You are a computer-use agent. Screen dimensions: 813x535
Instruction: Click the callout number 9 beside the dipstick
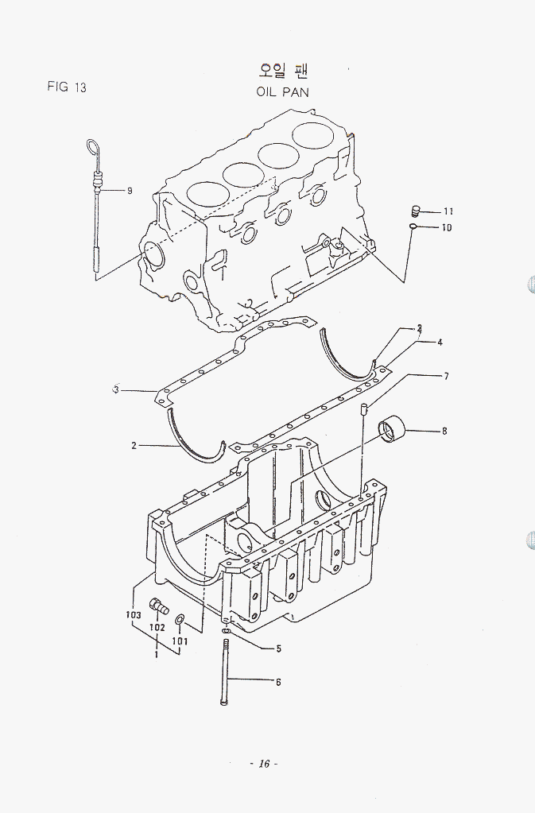(x=129, y=191)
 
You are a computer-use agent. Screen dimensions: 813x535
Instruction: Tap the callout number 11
(x=448, y=211)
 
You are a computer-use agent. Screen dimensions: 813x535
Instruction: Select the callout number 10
(x=447, y=228)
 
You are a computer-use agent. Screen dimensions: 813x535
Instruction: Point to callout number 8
(x=444, y=431)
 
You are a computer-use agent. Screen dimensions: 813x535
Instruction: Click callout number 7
(x=447, y=376)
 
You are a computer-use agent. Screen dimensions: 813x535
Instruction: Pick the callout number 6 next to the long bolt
(x=278, y=681)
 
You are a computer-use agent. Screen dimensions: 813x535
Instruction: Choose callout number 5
(x=278, y=648)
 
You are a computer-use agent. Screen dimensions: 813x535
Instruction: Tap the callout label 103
(x=133, y=615)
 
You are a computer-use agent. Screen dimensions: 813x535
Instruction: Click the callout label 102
(x=157, y=627)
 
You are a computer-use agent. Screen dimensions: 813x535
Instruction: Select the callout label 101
(x=180, y=641)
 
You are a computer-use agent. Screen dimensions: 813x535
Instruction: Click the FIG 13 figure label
(x=67, y=87)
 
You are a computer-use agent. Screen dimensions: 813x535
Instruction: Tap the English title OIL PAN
(x=282, y=91)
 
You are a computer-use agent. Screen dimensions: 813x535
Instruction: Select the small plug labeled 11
(x=415, y=211)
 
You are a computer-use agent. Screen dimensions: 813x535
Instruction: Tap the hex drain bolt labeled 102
(x=158, y=606)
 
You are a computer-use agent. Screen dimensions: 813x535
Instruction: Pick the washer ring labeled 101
(x=180, y=619)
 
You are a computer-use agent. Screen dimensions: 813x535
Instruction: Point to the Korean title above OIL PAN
(x=283, y=69)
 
